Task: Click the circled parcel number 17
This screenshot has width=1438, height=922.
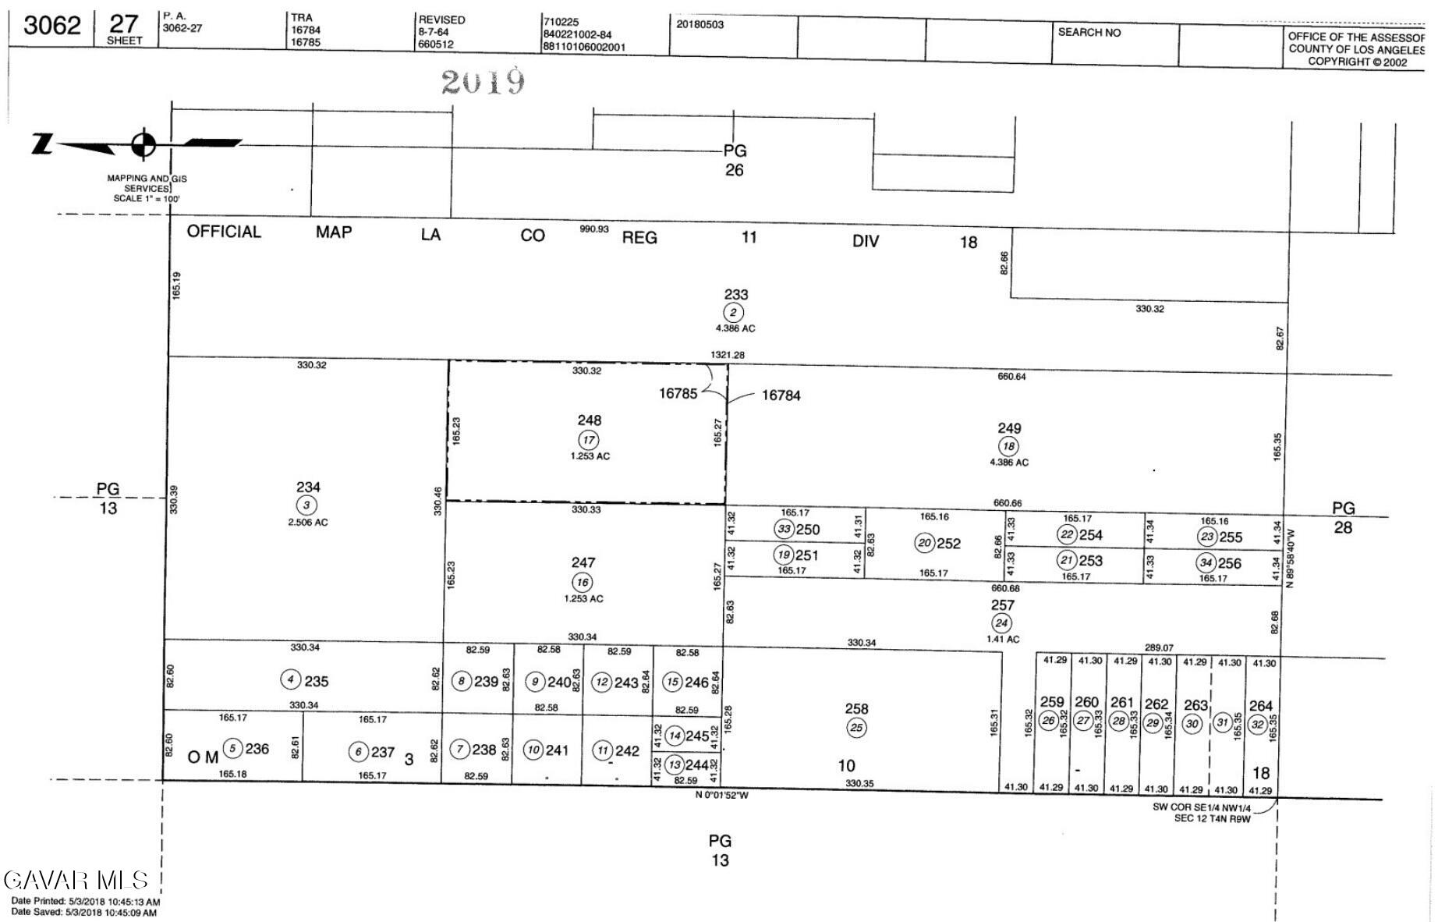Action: (x=588, y=440)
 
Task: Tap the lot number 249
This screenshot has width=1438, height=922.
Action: (x=1009, y=428)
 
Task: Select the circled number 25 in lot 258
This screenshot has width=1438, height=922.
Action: (x=856, y=728)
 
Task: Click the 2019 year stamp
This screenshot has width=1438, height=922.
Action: (x=483, y=81)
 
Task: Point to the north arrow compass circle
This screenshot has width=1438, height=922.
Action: (x=143, y=144)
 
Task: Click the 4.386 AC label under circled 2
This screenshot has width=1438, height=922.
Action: (x=735, y=328)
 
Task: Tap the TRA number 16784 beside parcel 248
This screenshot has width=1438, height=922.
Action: (x=781, y=395)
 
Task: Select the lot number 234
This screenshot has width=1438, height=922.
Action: (x=308, y=488)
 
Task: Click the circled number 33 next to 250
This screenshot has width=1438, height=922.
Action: (x=784, y=529)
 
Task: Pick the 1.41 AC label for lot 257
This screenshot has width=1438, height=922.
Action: (x=1003, y=639)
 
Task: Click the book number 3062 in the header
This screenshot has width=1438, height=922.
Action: (x=52, y=26)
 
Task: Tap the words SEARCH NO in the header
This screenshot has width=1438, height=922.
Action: (x=1089, y=33)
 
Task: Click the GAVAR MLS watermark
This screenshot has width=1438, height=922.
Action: (x=76, y=881)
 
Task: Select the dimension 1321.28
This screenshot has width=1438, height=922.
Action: (x=727, y=355)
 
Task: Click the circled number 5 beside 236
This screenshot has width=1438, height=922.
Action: (x=232, y=749)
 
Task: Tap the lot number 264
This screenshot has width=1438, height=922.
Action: (x=1260, y=706)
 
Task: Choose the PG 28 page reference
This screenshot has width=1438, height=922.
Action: (x=1343, y=517)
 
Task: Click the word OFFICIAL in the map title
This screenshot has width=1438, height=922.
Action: (x=224, y=232)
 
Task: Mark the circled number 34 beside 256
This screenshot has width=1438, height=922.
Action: (x=1206, y=562)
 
